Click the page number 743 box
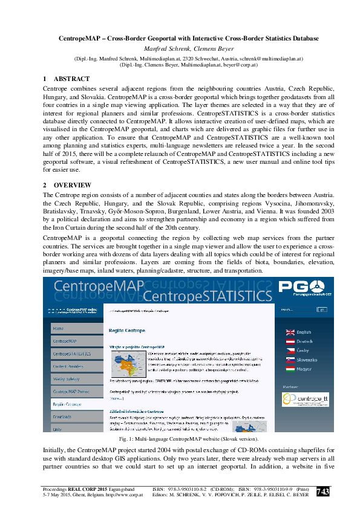pyautogui.click(x=323, y=492)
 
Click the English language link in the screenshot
pyautogui.click(x=304, y=332)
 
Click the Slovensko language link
pyautogui.click(x=307, y=359)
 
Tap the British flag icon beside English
pyautogui.click(x=290, y=332)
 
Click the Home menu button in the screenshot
pyautogui.click(x=58, y=328)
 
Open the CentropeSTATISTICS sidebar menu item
pyautogui.click(x=71, y=354)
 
